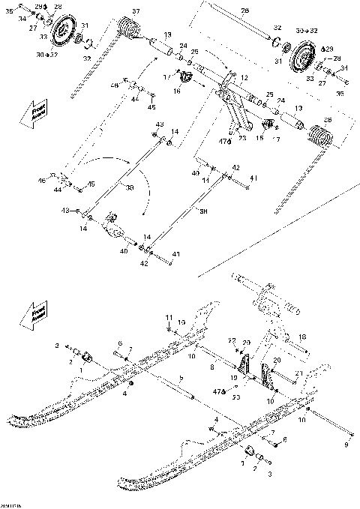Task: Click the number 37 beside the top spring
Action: [135, 11]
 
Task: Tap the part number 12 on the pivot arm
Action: [244, 78]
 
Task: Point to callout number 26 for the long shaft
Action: [244, 10]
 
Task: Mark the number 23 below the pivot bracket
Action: [241, 138]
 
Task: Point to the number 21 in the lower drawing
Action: [298, 373]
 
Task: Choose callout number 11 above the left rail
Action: [169, 318]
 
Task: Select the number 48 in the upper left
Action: [115, 86]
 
